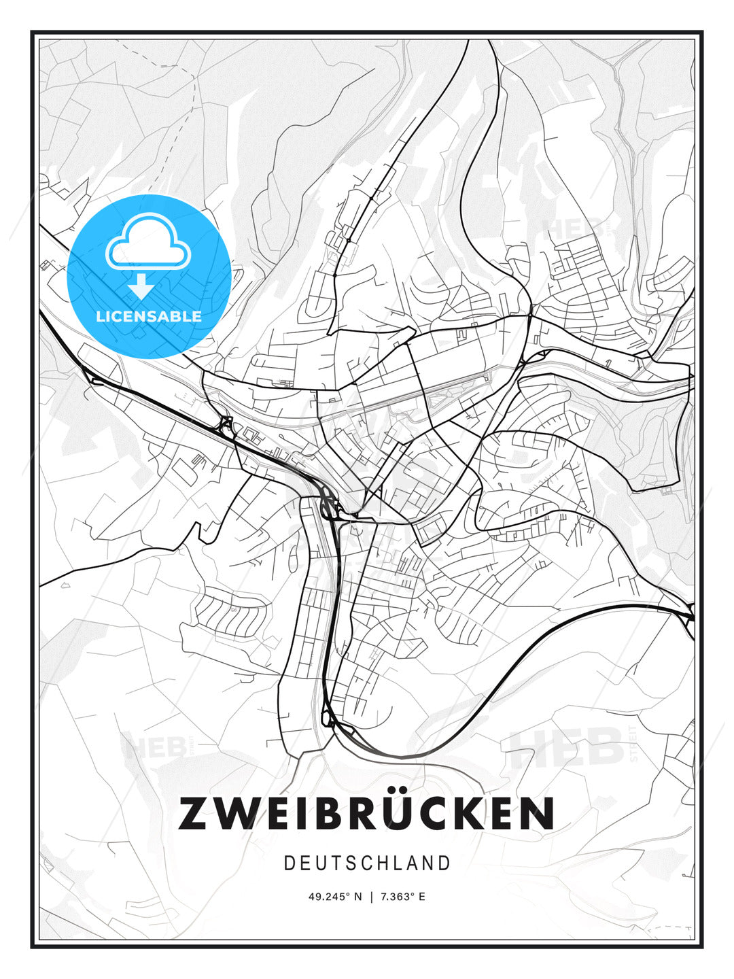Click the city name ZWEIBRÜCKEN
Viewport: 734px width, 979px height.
pyautogui.click(x=366, y=813)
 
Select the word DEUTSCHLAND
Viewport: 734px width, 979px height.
pyautogui.click(x=367, y=863)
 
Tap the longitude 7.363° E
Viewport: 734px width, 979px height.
pyautogui.click(x=403, y=897)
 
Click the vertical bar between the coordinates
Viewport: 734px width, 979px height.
pyautogui.click(x=371, y=897)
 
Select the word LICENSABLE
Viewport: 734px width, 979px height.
pyautogui.click(x=149, y=316)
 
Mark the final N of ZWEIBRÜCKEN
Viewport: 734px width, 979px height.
pyautogui.click(x=538, y=814)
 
